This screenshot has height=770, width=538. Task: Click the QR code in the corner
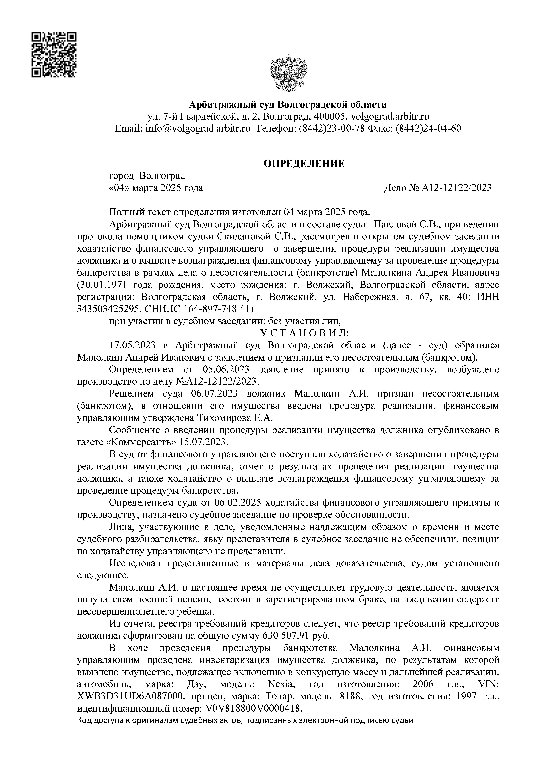(54, 55)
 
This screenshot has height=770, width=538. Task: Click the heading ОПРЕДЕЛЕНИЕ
(304, 164)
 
